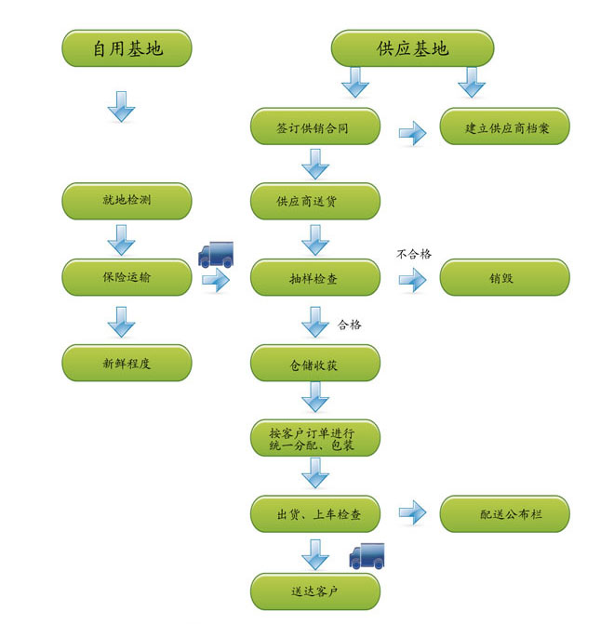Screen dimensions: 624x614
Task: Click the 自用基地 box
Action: [x=127, y=47]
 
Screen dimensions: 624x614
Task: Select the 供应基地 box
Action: [x=412, y=47]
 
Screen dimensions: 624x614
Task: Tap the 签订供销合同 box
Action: [x=314, y=127]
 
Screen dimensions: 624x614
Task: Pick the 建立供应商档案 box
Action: [x=504, y=127]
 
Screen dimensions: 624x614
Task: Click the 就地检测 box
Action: [x=127, y=201]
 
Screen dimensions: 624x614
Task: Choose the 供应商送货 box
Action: [x=314, y=201]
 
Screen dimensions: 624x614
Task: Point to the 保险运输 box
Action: [x=127, y=276]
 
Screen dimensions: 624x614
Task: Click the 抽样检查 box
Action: [x=314, y=277]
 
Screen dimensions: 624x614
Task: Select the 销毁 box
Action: [x=504, y=277]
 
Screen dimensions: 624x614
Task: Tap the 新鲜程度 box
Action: [x=127, y=363]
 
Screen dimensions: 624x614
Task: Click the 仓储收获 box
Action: [x=314, y=363]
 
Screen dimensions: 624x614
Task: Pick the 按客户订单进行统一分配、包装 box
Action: [x=314, y=438]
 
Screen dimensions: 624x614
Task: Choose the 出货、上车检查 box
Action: [x=314, y=513]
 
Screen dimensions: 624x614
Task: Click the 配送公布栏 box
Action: [x=504, y=513]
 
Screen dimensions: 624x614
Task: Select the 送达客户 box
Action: [x=314, y=591]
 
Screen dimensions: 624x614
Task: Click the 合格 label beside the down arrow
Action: [x=350, y=325]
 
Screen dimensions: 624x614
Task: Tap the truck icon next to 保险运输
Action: [x=216, y=254]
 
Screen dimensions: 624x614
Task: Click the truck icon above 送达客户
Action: [x=367, y=555]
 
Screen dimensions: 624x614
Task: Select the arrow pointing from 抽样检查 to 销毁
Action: [x=412, y=279]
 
